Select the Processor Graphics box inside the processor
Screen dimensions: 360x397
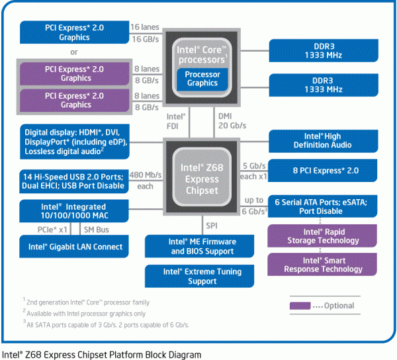point(202,79)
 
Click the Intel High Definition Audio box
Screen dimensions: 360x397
point(323,140)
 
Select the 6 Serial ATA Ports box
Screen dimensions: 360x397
point(323,205)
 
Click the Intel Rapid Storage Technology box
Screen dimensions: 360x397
point(323,236)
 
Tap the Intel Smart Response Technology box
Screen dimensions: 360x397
point(323,265)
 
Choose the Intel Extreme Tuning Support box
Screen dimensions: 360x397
point(202,276)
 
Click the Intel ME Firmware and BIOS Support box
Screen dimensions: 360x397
point(202,247)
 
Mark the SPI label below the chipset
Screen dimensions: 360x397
point(211,226)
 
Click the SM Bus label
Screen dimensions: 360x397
point(97,230)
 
